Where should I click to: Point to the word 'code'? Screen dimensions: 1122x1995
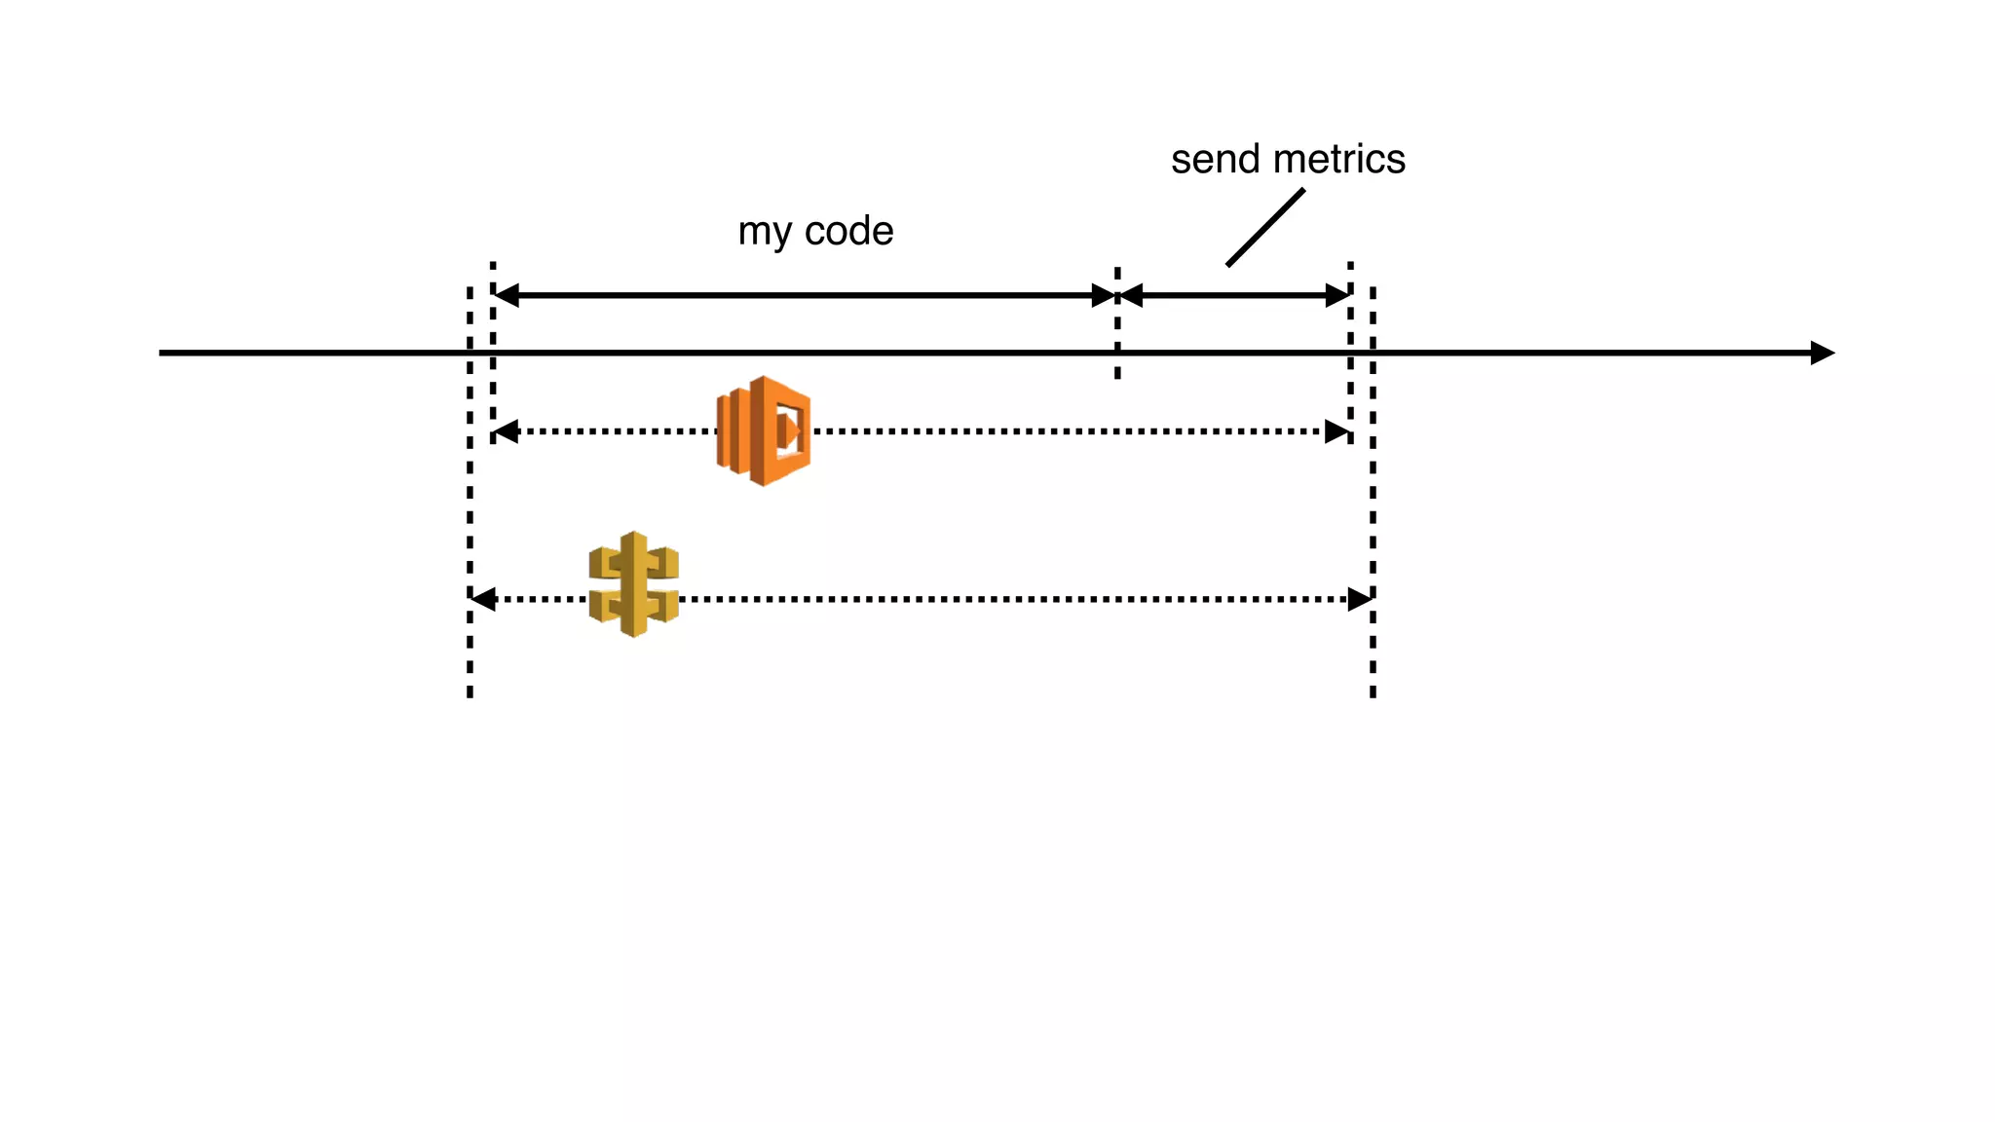click(848, 231)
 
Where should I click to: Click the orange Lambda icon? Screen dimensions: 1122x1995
click(764, 430)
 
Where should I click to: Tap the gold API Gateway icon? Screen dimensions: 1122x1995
click(634, 584)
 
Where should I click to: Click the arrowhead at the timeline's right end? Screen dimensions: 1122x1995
click(1822, 353)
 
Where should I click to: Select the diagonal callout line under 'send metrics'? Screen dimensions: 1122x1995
click(1264, 227)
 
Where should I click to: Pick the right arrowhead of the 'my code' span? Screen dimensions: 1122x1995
click(1103, 295)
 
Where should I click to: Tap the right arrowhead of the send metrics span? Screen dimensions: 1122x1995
click(1337, 295)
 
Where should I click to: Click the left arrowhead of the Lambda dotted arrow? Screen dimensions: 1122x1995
click(507, 431)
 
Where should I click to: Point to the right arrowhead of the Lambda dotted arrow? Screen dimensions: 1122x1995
click(1337, 431)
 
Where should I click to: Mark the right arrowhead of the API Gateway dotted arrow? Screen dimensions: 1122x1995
click(1360, 599)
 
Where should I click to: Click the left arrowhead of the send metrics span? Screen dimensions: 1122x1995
click(1131, 295)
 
